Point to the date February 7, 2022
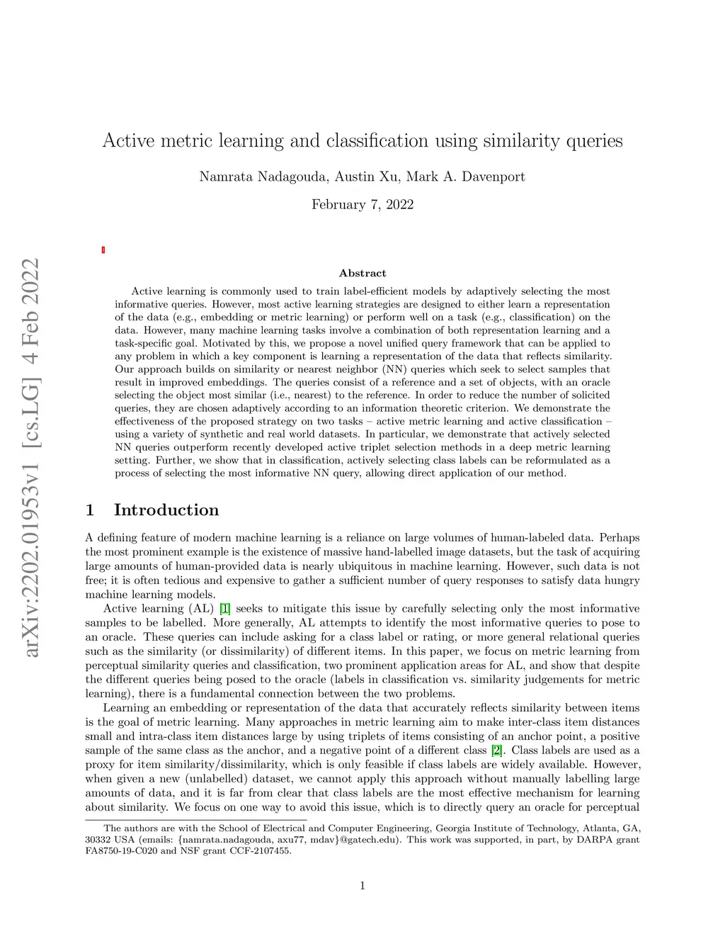tap(362, 205)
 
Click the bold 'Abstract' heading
tap(362, 273)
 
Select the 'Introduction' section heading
tap(166, 510)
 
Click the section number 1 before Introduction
tap(90, 510)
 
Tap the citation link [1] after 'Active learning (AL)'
tap(225, 609)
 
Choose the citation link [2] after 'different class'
tap(497, 750)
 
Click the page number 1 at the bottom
tap(362, 885)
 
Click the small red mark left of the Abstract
tap(103, 249)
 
